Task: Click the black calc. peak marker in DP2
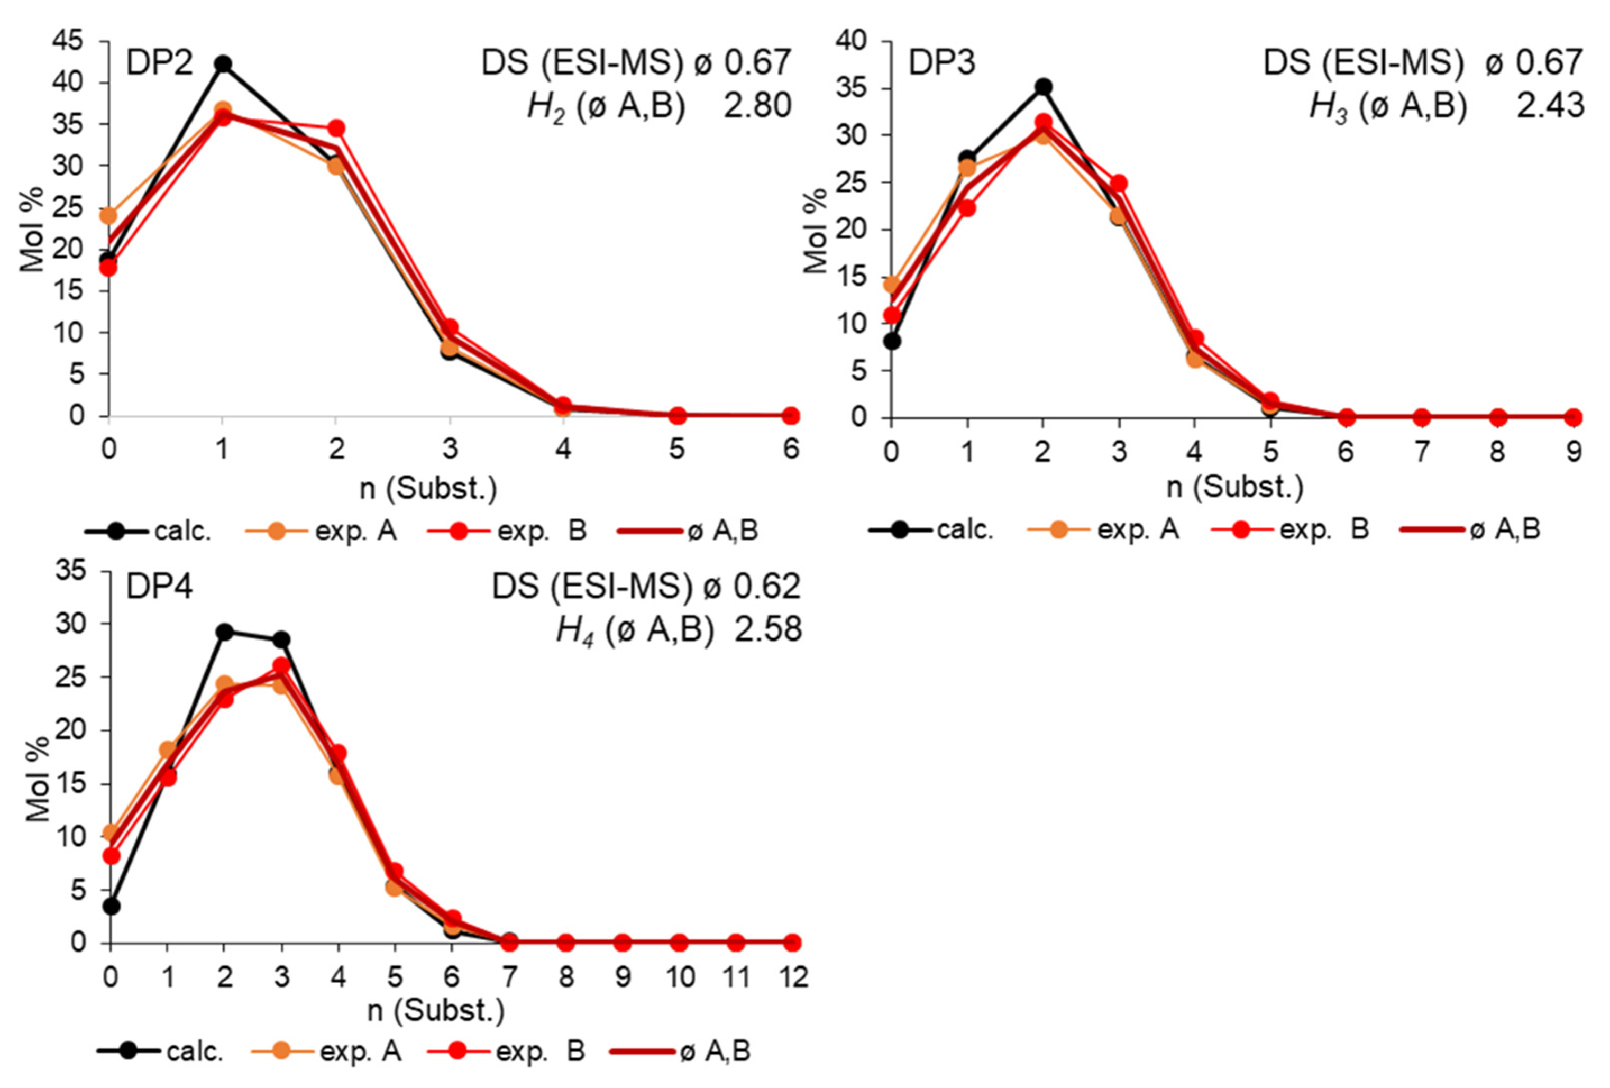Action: [x=222, y=65]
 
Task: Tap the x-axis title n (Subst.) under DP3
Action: [x=1234, y=487]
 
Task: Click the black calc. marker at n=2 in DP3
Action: [x=1044, y=87]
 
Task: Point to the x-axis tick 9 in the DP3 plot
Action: [x=1574, y=452]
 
